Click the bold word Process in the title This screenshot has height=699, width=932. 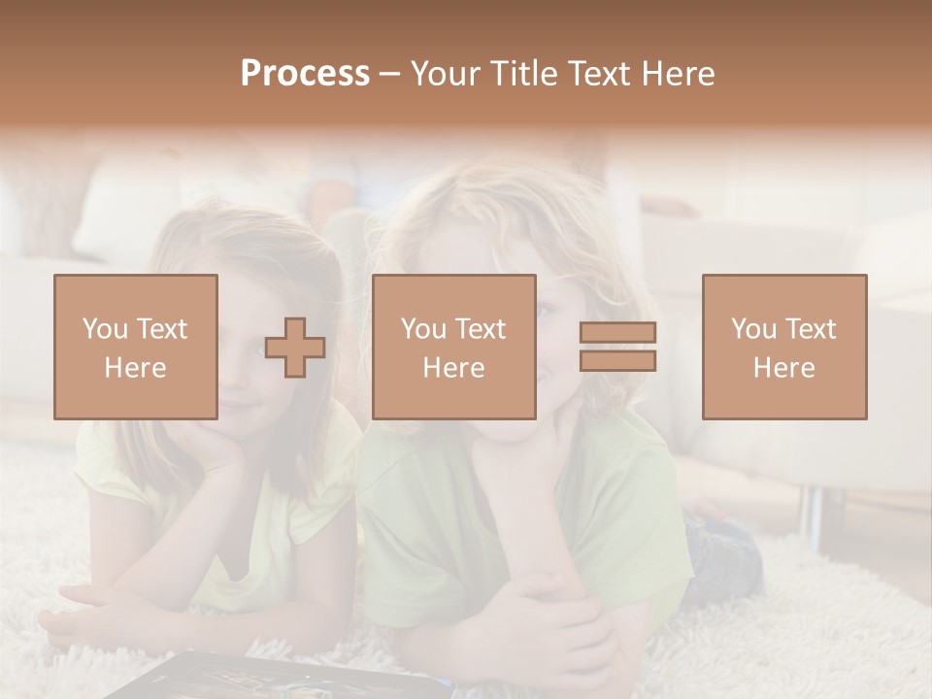point(305,74)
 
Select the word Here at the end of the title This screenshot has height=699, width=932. point(676,74)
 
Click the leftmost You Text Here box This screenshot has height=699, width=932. point(135,347)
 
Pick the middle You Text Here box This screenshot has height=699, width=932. point(453,347)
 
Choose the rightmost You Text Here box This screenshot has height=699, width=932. point(783,347)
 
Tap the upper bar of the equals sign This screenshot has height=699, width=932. point(617,332)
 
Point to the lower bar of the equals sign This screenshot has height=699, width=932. point(617,361)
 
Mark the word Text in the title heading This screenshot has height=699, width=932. point(596,74)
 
